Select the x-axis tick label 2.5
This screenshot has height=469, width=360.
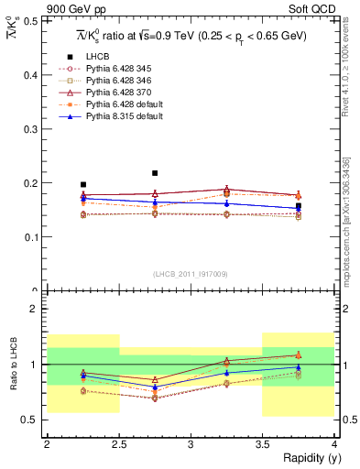(118, 444)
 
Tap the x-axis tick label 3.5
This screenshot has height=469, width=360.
(262, 444)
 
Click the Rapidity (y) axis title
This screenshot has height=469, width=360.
(306, 459)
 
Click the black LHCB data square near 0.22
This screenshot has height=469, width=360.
(155, 173)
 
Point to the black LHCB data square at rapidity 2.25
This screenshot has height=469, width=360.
(83, 184)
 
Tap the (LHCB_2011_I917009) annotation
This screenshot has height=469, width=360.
(191, 274)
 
